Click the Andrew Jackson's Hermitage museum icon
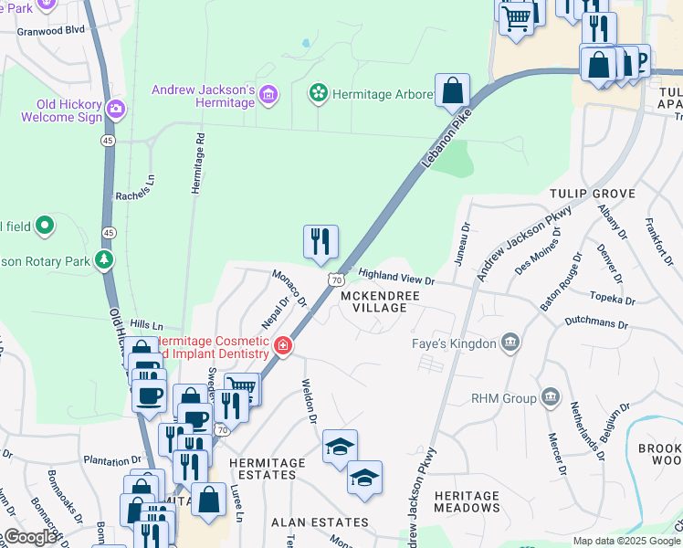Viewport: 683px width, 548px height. [x=268, y=94]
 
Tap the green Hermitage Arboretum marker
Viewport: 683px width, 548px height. [x=319, y=93]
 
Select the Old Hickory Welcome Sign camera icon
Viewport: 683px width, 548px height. [x=115, y=110]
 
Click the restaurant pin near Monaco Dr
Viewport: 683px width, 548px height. [x=320, y=242]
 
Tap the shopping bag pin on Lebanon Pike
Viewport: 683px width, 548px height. [x=452, y=91]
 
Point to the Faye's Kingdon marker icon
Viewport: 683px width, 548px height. [x=510, y=343]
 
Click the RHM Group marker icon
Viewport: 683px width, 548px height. [x=550, y=397]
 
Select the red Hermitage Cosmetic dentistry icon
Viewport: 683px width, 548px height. [x=283, y=346]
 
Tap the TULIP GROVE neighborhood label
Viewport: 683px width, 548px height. [x=592, y=194]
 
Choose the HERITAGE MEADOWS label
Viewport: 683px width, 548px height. [x=467, y=501]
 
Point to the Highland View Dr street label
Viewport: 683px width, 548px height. [x=396, y=276]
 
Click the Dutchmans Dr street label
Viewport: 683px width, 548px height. [x=597, y=323]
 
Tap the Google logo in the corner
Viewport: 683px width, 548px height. [x=30, y=537]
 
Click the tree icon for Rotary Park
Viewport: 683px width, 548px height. [x=105, y=261]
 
